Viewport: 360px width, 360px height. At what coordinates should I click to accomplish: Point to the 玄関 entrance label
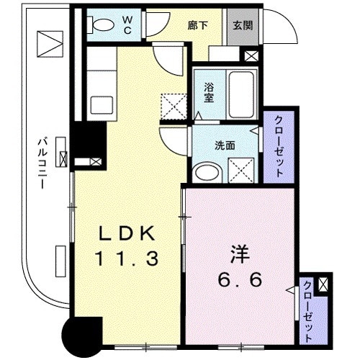[240, 23]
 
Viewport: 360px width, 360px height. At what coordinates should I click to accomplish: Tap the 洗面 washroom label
[225, 144]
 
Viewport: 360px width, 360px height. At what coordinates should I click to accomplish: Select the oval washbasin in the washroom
[209, 171]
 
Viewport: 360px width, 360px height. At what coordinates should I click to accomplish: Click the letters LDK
[126, 234]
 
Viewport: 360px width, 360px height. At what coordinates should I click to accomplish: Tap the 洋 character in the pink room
[239, 253]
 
